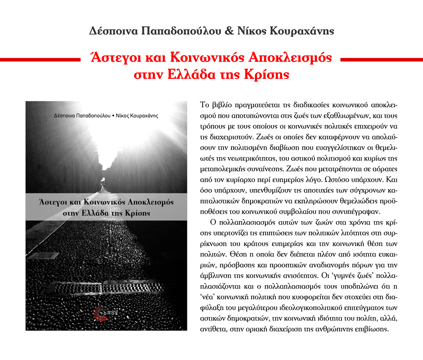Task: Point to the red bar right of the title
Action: [381, 59]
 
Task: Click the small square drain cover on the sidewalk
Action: [43, 256]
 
